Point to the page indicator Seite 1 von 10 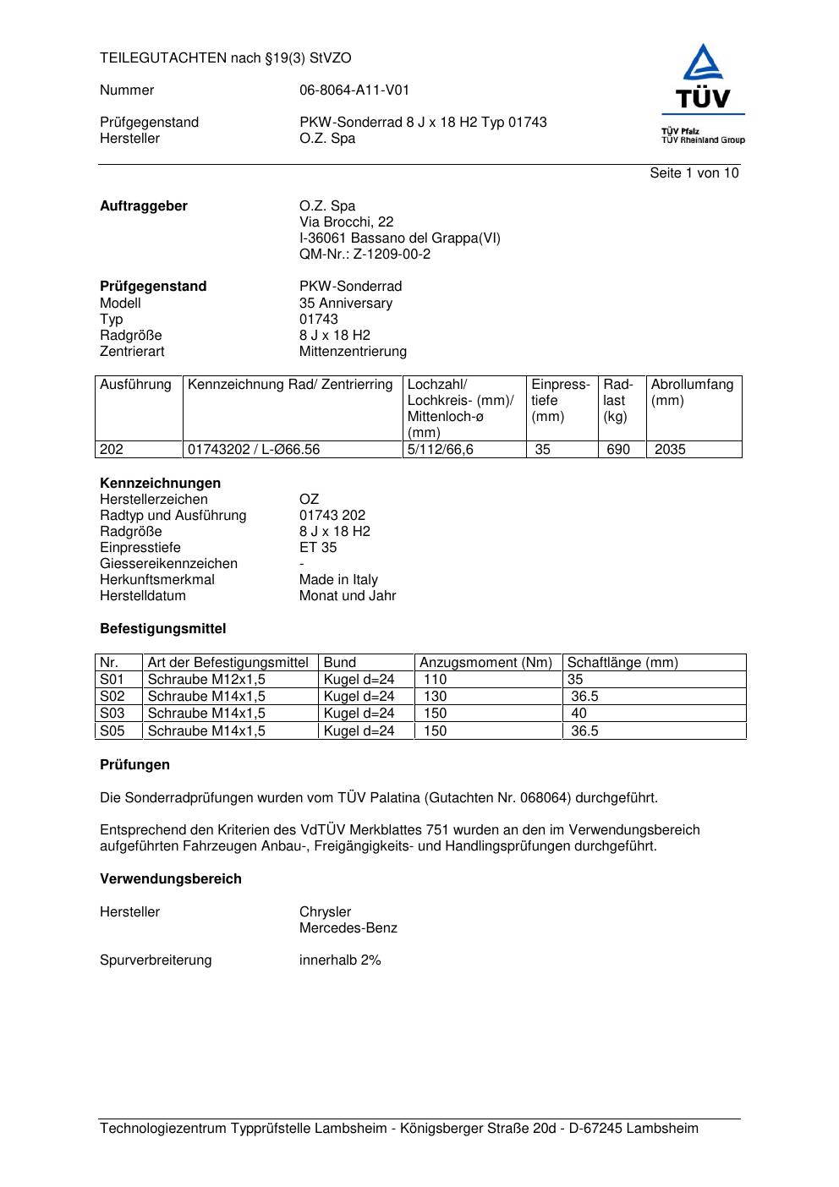694,173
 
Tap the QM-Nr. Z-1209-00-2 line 365,254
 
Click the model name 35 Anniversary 345,304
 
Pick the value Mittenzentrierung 353,352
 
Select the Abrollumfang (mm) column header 692,392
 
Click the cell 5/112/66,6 440,450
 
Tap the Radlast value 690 618,450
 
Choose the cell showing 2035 670,450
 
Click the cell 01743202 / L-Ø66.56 254,450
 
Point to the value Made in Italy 338,580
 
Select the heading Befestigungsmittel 162,629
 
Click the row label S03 112,714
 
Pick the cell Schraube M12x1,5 206,680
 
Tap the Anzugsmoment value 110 435,680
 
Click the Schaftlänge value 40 579,714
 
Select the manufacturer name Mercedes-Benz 348,928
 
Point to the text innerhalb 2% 340,960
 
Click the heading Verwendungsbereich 170,879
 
